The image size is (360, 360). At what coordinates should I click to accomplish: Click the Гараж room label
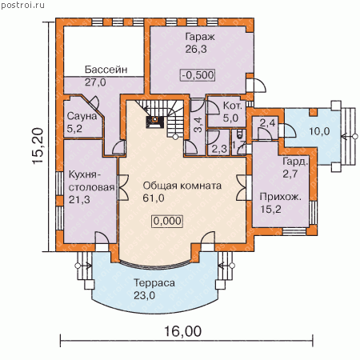[x=200, y=37]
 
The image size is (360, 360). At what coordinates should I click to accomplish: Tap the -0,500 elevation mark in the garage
[x=198, y=75]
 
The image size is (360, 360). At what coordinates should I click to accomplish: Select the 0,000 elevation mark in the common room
[x=167, y=221]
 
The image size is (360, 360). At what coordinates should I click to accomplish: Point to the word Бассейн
[x=106, y=70]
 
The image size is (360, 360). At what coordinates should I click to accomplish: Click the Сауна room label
[x=82, y=116]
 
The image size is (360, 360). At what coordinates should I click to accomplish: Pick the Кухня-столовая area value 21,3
[x=79, y=199]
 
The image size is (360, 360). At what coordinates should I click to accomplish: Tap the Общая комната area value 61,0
[x=154, y=198]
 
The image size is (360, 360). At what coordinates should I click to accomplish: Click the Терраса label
[x=154, y=283]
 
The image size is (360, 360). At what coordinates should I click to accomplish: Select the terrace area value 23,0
[x=144, y=295]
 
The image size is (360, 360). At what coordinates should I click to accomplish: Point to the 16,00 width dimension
[x=182, y=331]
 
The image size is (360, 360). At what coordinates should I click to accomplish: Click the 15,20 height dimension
[x=38, y=146]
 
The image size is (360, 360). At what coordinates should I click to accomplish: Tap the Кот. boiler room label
[x=233, y=106]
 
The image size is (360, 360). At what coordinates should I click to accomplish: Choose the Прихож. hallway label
[x=281, y=197]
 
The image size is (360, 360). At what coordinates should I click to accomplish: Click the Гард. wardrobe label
[x=295, y=162]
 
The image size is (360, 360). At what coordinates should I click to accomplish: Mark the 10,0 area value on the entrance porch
[x=319, y=131]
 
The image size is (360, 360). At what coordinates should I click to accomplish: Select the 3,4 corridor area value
[x=198, y=125]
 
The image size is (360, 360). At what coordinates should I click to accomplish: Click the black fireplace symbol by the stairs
[x=154, y=122]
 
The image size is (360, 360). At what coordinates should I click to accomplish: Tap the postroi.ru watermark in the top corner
[x=22, y=5]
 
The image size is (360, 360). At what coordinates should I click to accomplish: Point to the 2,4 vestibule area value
[x=267, y=123]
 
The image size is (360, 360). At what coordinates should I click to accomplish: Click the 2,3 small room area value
[x=219, y=149]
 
